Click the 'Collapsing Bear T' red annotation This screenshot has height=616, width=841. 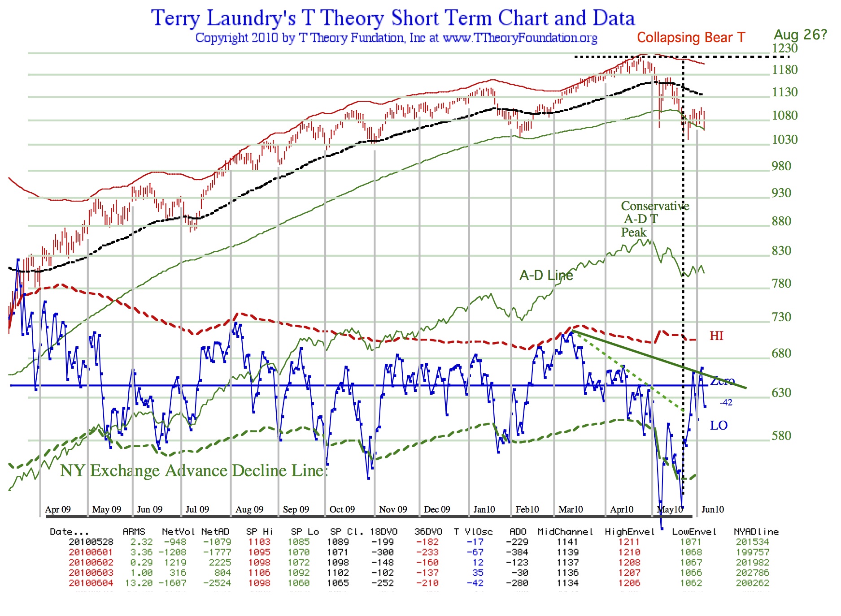pyautogui.click(x=691, y=38)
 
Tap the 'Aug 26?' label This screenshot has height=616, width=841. pyautogui.click(x=800, y=35)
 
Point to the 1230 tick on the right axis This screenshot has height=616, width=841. pyautogui.click(x=784, y=48)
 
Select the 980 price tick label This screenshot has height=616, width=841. pyautogui.click(x=781, y=166)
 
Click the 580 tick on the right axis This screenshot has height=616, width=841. pyautogui.click(x=781, y=435)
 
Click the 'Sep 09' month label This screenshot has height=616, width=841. pyautogui.click(x=296, y=509)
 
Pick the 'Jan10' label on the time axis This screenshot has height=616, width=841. pyautogui.click(x=484, y=509)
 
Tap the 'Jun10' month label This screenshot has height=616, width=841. pyautogui.click(x=712, y=509)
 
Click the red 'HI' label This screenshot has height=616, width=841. pyautogui.click(x=716, y=336)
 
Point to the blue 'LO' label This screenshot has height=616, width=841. pyautogui.click(x=719, y=426)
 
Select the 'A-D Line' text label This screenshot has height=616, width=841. pyautogui.click(x=546, y=275)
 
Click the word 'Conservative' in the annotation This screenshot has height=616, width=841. pyautogui.click(x=655, y=206)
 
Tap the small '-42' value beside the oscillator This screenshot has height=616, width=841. pyautogui.click(x=726, y=402)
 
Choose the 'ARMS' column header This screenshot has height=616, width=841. pyautogui.click(x=134, y=532)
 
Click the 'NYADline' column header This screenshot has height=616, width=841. pyautogui.click(x=756, y=532)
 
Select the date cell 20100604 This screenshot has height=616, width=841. pyautogui.click(x=91, y=583)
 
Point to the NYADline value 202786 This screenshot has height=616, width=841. pyautogui.click(x=752, y=573)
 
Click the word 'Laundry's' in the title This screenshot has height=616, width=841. pyautogui.click(x=251, y=19)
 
